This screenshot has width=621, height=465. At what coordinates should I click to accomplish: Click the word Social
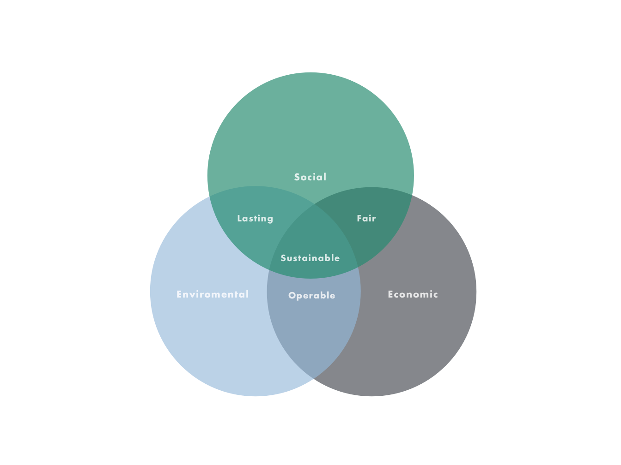[x=310, y=177]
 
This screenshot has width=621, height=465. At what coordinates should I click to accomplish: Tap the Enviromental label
[x=213, y=294]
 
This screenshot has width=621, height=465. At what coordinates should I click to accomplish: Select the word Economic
[x=413, y=294]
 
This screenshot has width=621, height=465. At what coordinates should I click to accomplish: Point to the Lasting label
[x=255, y=219]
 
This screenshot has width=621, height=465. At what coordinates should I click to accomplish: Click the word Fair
[x=366, y=218]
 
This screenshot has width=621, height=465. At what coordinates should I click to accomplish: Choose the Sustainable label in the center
[x=310, y=258]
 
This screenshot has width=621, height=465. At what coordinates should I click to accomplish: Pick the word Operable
[x=312, y=296]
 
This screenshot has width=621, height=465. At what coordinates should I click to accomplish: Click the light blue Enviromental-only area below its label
[x=217, y=341]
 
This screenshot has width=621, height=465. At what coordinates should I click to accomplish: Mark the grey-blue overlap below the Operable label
[x=313, y=332]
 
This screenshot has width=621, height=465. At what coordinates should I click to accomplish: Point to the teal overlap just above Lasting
[x=255, y=201]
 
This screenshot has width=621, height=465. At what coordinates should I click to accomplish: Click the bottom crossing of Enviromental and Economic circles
[x=313, y=379]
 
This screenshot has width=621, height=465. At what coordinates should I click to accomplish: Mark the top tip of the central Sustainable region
[x=313, y=204]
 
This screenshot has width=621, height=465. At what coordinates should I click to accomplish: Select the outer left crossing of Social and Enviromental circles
[x=211, y=196]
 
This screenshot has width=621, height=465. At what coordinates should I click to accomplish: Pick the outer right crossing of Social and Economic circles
[x=411, y=194]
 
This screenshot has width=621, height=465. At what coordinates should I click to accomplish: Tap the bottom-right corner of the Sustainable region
[x=358, y=268]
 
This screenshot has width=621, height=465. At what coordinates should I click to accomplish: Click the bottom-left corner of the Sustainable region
[x=269, y=269]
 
